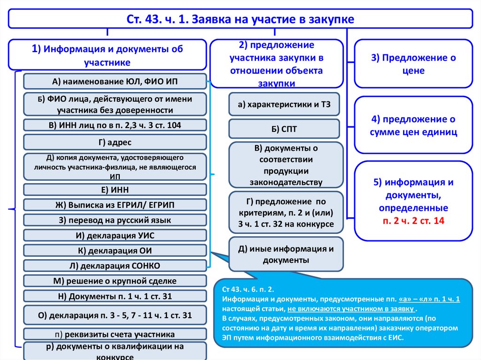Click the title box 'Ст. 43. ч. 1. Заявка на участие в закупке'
tap(240, 19)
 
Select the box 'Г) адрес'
tap(115, 142)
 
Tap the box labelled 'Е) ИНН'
tap(115, 190)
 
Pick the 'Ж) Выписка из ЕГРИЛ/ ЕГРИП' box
tap(115, 205)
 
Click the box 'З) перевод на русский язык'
tap(115, 220)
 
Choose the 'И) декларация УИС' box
tap(115, 235)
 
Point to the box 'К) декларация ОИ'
tap(115, 250)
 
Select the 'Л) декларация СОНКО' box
tap(115, 266)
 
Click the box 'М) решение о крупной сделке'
tap(115, 281)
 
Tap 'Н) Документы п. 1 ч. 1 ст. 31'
tap(115, 296)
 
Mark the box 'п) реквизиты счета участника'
tap(115, 334)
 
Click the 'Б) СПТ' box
tap(284, 129)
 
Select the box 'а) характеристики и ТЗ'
tap(284, 105)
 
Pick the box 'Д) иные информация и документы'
tap(286, 254)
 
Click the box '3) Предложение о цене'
tap(413, 64)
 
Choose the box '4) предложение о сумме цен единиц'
tap(413, 125)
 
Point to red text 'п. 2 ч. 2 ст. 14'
tap(413, 220)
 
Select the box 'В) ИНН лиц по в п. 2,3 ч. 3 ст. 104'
tap(115, 125)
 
